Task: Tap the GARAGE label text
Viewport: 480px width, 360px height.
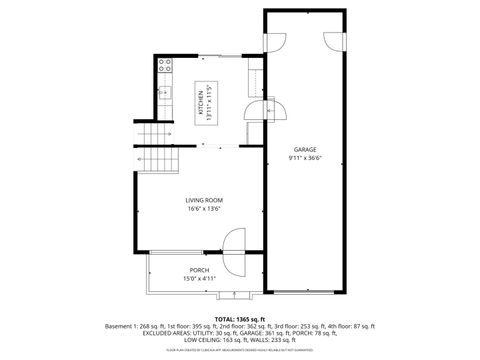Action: (x=304, y=149)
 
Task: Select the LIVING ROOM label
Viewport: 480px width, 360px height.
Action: (x=203, y=201)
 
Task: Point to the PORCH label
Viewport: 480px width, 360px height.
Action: (x=200, y=270)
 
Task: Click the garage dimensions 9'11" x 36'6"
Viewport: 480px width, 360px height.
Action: (x=304, y=158)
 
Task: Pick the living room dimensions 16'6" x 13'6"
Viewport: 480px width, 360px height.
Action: (x=203, y=210)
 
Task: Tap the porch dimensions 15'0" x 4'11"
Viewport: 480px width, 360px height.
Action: (x=200, y=279)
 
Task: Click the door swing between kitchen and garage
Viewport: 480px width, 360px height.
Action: (x=277, y=107)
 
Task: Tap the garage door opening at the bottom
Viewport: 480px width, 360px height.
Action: (x=306, y=293)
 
